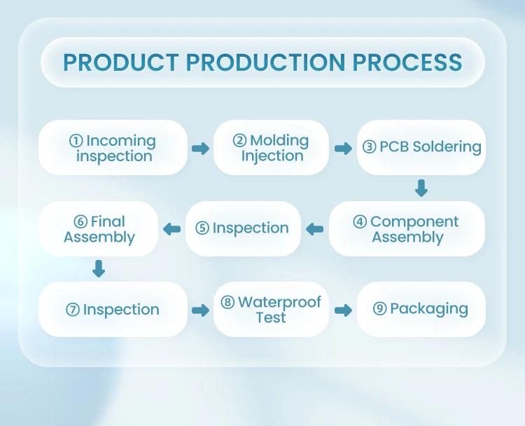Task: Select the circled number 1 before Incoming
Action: tap(76, 141)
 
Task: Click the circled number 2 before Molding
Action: tap(240, 140)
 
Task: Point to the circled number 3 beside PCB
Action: tap(369, 147)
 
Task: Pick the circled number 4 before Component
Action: tap(360, 222)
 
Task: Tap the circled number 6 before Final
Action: tap(80, 222)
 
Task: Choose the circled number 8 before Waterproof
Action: tap(227, 303)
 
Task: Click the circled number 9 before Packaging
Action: tap(380, 309)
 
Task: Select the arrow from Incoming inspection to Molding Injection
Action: tap(201, 149)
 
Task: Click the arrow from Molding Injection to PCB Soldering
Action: tap(343, 149)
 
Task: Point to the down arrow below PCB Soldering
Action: tap(421, 188)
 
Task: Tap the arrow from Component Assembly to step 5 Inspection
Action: tap(314, 229)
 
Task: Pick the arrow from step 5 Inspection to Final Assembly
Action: tap(171, 229)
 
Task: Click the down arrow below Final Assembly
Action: tap(99, 268)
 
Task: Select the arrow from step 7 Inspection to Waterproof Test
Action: tap(201, 310)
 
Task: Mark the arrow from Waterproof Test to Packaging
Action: tap(343, 310)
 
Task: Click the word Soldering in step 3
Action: tap(447, 147)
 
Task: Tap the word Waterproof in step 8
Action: tap(279, 303)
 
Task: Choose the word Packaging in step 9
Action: tap(428, 309)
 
